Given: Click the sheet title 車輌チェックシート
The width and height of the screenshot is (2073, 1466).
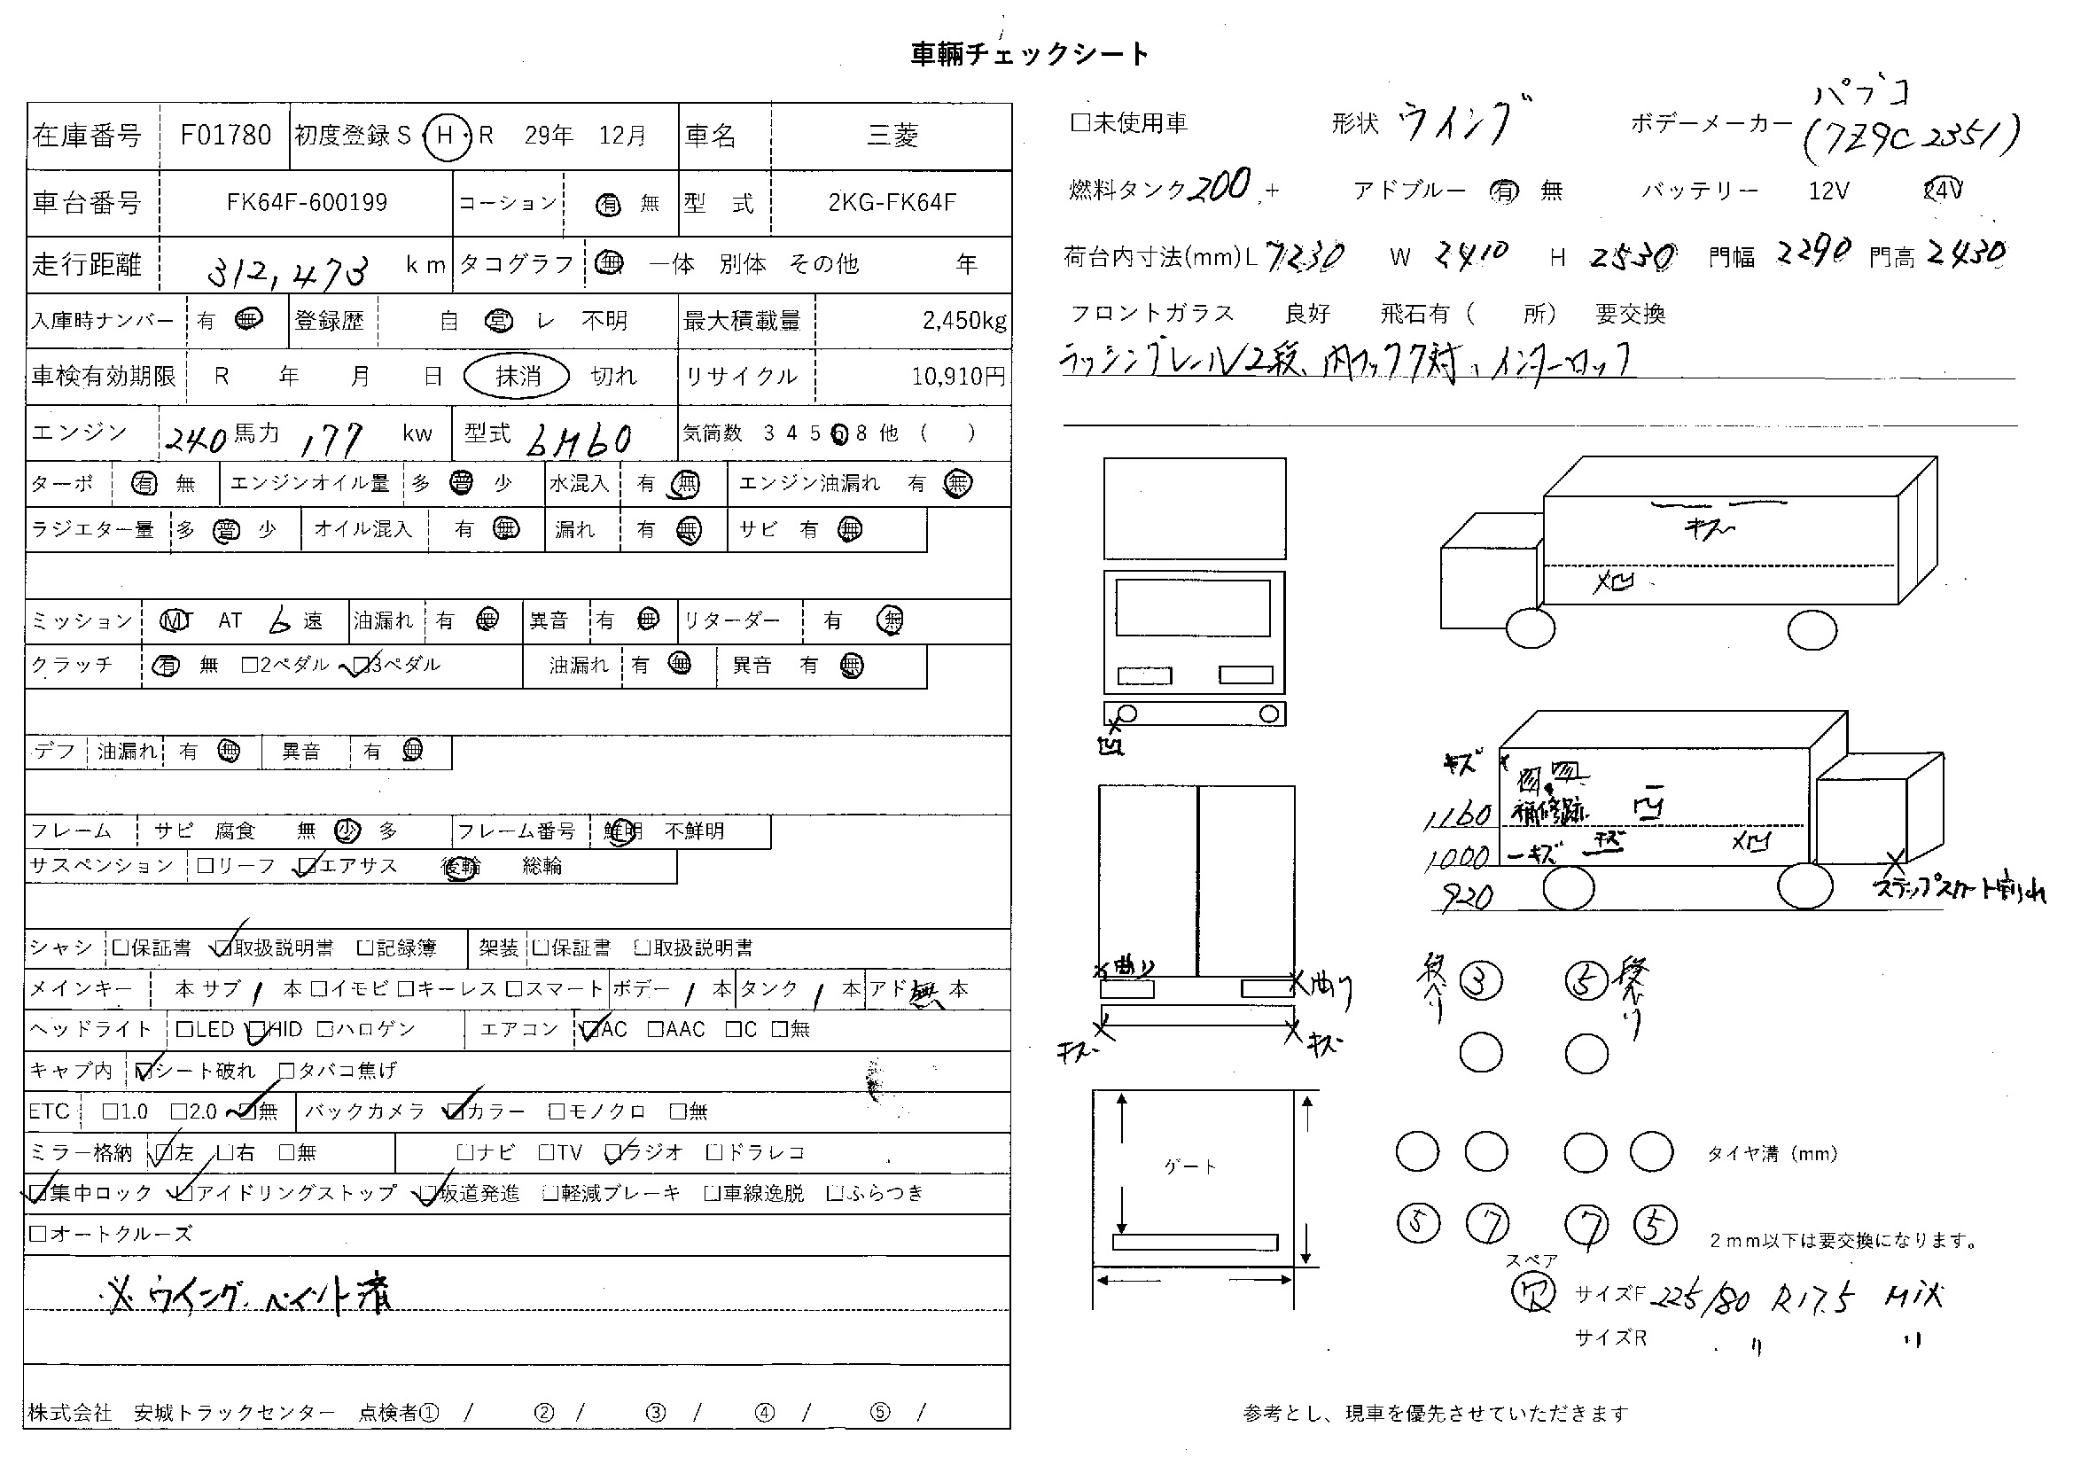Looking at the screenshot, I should [x=1029, y=54].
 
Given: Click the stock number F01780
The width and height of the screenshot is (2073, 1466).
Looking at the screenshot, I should [x=225, y=136].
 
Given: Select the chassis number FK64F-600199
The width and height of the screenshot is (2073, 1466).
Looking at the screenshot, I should [x=306, y=202].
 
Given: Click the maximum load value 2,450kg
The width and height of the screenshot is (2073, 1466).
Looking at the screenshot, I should [x=963, y=321].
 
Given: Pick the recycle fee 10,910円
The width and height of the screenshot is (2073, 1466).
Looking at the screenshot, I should [x=958, y=376].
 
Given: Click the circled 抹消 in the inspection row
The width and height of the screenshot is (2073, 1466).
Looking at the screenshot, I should [x=517, y=376].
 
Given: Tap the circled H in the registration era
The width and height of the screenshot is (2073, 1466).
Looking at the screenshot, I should [x=445, y=136].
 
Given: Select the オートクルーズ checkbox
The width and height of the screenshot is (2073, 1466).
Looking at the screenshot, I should [x=38, y=1233].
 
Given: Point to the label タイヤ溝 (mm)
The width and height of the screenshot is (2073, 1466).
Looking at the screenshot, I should [x=1772, y=1153].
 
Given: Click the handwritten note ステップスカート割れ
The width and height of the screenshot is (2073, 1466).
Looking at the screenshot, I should [x=1960, y=890].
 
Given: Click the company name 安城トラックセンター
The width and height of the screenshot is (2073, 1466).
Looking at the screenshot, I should [x=234, y=1413].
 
